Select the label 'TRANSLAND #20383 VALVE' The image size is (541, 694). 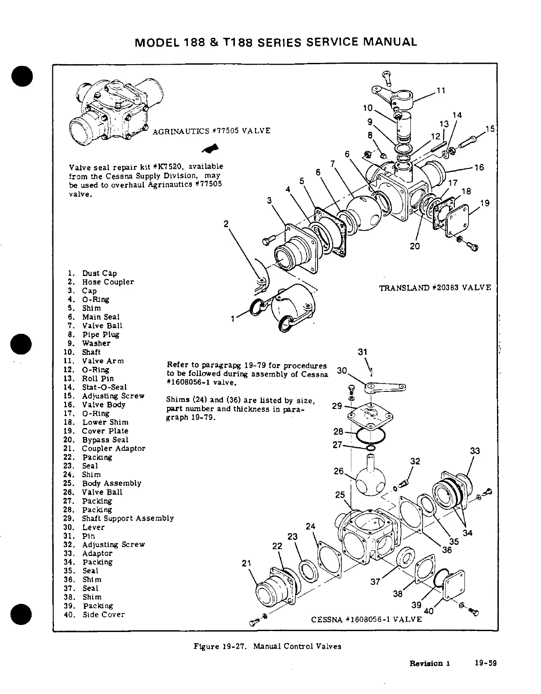point(435,288)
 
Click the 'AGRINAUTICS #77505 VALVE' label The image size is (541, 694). point(211,131)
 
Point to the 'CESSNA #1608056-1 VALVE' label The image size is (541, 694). point(366,619)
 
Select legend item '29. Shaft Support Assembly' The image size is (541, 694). point(128,519)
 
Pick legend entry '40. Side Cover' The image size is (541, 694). point(103,614)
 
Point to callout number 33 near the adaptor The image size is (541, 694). point(475,451)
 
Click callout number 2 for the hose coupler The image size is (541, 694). point(226,224)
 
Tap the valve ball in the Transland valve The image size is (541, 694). point(365,212)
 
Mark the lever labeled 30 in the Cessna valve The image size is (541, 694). point(385,387)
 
